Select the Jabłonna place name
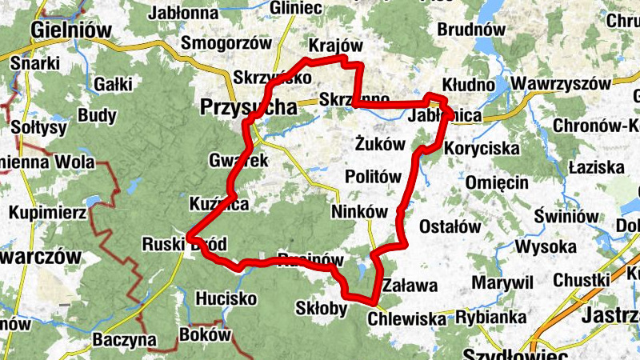pyautogui.click(x=183, y=12)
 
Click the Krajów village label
pyautogui.click(x=335, y=45)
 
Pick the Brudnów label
pyautogui.click(x=472, y=30)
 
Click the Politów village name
pyautogui.click(x=372, y=177)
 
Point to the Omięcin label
pyautogui.click(x=497, y=182)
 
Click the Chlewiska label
pyautogui.click(x=406, y=319)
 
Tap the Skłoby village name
pyautogui.click(x=321, y=309)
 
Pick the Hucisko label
pyautogui.click(x=226, y=298)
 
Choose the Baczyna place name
pyautogui.click(x=124, y=339)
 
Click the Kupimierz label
pyautogui.click(x=47, y=214)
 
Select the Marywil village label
pyautogui.click(x=502, y=282)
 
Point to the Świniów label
pyautogui.click(x=568, y=216)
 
